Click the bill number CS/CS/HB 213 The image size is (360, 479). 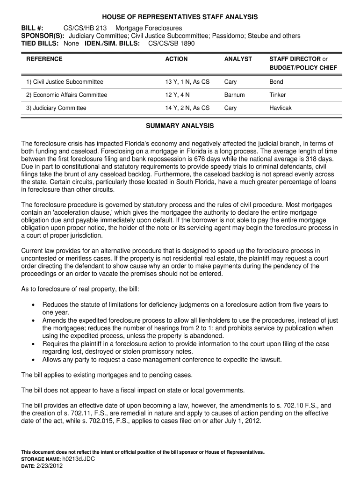click(82, 28)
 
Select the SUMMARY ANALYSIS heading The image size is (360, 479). click(180, 126)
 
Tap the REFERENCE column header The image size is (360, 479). click(44, 59)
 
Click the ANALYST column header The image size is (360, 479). click(238, 59)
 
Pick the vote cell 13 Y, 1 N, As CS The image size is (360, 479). click(187, 82)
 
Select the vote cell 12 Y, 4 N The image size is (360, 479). click(178, 95)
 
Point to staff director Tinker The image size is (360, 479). click(278, 95)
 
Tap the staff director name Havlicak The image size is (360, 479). click(281, 108)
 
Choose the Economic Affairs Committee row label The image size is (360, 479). click(67, 95)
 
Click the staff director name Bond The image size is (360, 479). click(276, 82)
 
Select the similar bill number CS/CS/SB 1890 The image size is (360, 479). click(171, 44)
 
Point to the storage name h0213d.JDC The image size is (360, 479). click(79, 459)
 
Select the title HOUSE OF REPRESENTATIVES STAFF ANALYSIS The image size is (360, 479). click(180, 17)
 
